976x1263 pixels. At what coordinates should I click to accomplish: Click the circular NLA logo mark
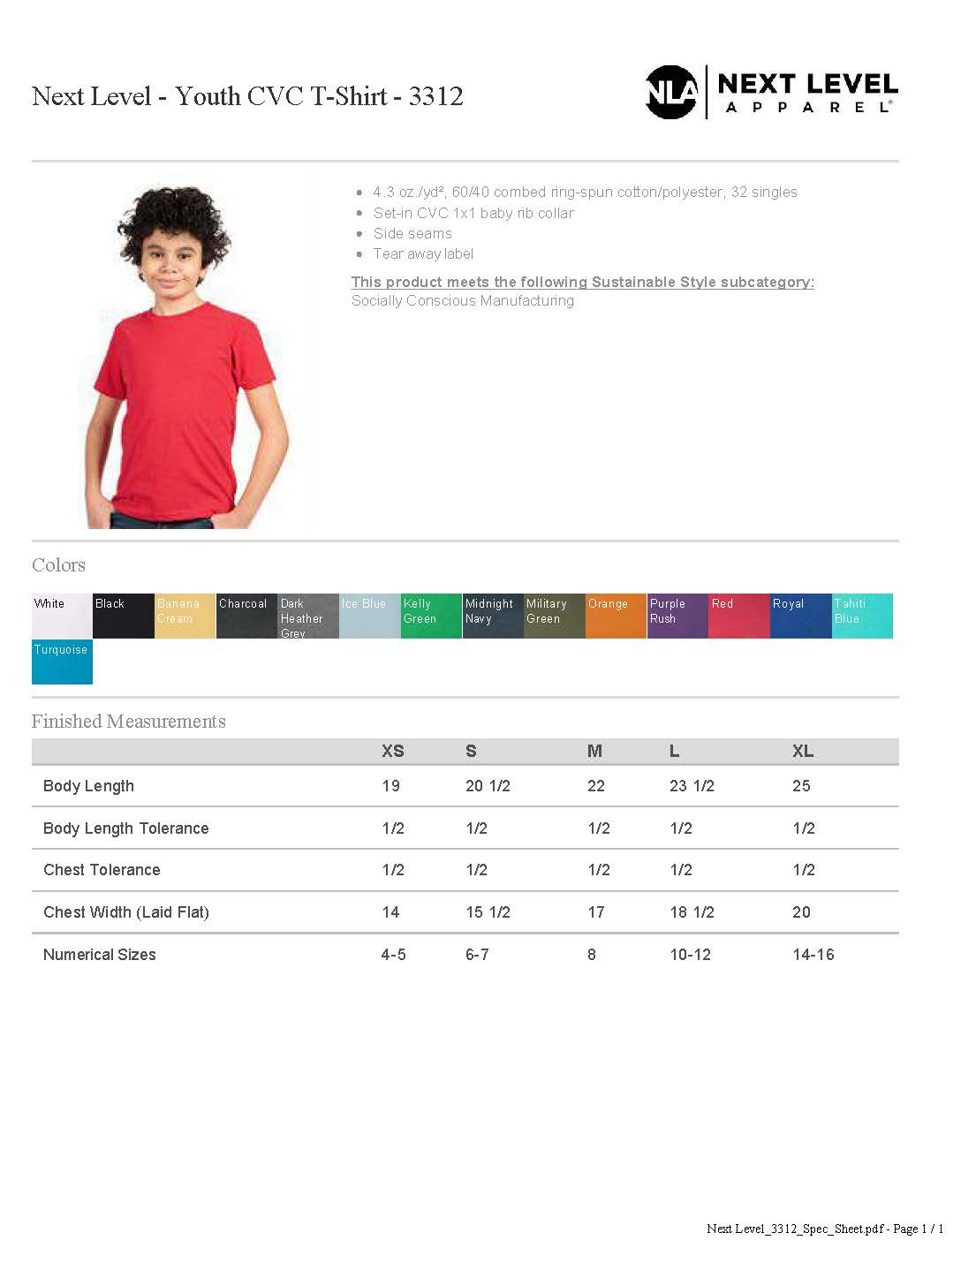pos(671,92)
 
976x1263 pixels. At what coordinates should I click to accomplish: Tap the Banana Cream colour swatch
pos(185,616)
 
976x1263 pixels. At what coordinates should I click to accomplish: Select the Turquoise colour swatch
pos(62,662)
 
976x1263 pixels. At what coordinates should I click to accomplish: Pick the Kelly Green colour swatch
pos(431,616)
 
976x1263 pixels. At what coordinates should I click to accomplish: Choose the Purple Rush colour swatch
pos(677,616)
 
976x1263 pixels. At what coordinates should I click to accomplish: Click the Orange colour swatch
pos(616,616)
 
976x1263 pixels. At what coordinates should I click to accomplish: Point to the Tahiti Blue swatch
pos(862,616)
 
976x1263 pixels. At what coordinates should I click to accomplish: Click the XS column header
pos(392,752)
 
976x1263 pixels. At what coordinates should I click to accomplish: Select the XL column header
pos(802,752)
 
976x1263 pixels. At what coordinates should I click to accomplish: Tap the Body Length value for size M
pos(596,786)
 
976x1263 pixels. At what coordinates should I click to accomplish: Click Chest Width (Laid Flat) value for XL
pos(801,912)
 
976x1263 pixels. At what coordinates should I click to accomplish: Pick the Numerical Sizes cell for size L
pos(690,955)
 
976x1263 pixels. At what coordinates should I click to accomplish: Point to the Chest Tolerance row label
pos(102,870)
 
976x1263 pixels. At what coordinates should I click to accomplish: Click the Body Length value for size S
pos(488,786)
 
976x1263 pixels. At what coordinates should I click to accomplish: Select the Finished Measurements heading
pos(129,722)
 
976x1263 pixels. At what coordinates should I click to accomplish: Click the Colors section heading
pos(58,565)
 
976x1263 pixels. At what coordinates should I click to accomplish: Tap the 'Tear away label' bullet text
pos(423,254)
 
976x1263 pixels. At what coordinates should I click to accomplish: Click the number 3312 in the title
pos(435,96)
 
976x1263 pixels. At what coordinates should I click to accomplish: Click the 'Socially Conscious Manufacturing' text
pos(462,301)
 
